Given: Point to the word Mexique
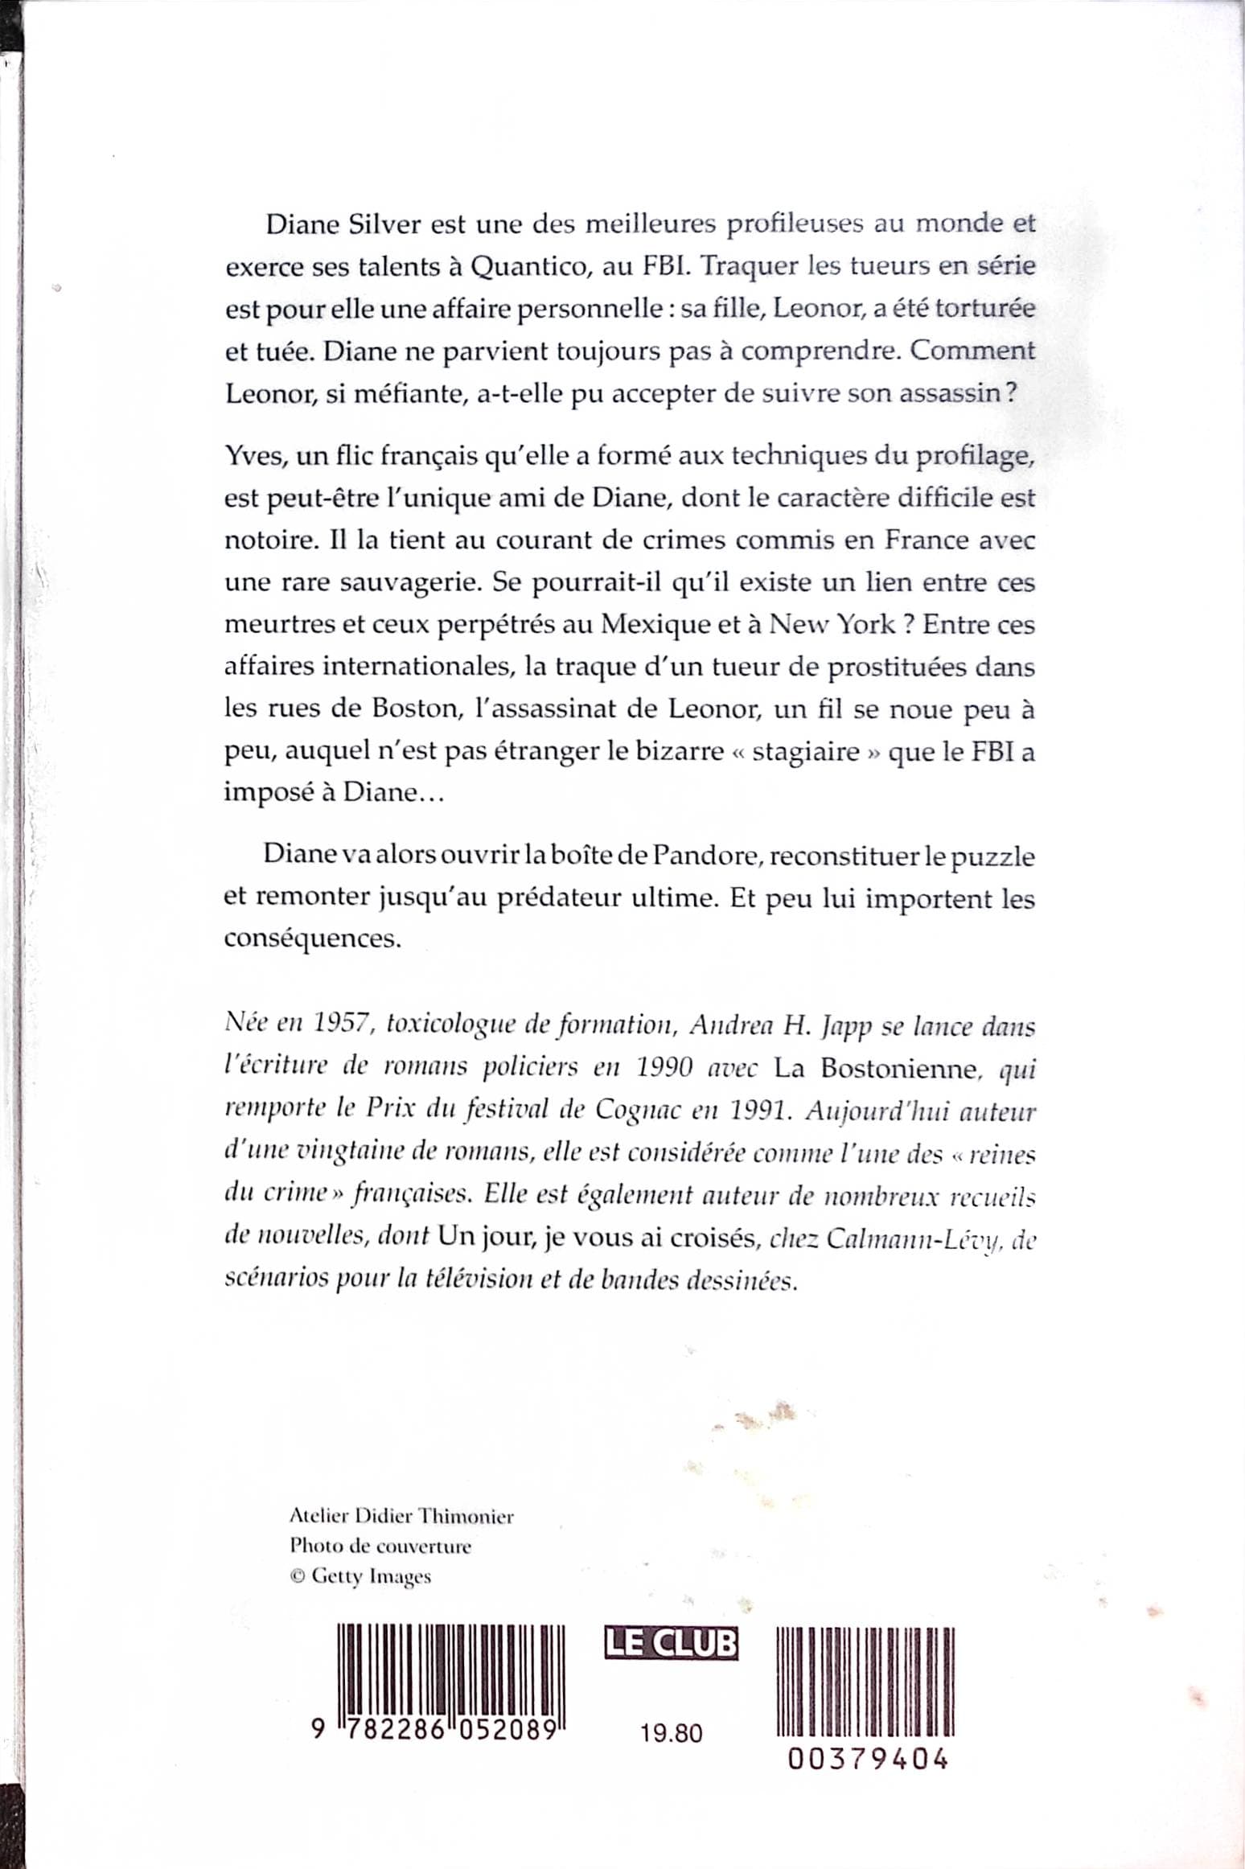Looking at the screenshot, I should [655, 625].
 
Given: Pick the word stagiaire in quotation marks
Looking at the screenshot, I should [807, 751].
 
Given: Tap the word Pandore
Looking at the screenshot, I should [705, 856].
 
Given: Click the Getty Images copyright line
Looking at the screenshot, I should [360, 1576].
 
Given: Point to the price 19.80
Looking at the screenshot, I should [672, 1732].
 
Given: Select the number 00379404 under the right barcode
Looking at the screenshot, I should [866, 1759].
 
